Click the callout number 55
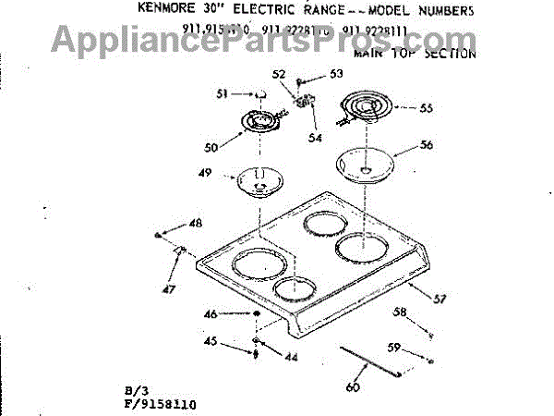pyautogui.click(x=425, y=108)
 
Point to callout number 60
pyautogui.click(x=352, y=387)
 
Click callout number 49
pyautogui.click(x=206, y=173)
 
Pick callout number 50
pyautogui.click(x=211, y=148)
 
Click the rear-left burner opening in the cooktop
pyautogui.click(x=322, y=223)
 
